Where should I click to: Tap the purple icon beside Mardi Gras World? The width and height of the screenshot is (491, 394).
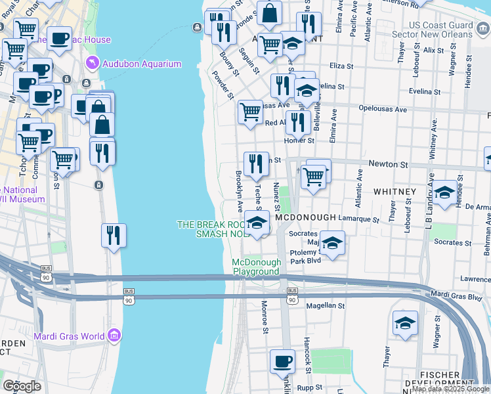coord(115,336)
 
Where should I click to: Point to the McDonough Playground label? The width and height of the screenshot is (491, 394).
coord(256,267)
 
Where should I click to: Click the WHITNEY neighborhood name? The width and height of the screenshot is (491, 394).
coord(395,192)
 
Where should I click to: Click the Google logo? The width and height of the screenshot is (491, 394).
coord(22,385)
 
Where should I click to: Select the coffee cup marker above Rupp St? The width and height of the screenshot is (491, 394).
coord(283,362)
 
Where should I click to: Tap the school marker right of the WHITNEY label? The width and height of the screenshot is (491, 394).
coord(444,192)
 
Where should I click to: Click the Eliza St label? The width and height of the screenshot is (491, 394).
coord(341,66)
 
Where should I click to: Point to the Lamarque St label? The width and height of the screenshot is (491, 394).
coord(363,219)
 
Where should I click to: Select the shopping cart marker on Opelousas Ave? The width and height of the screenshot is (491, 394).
coord(250,113)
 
